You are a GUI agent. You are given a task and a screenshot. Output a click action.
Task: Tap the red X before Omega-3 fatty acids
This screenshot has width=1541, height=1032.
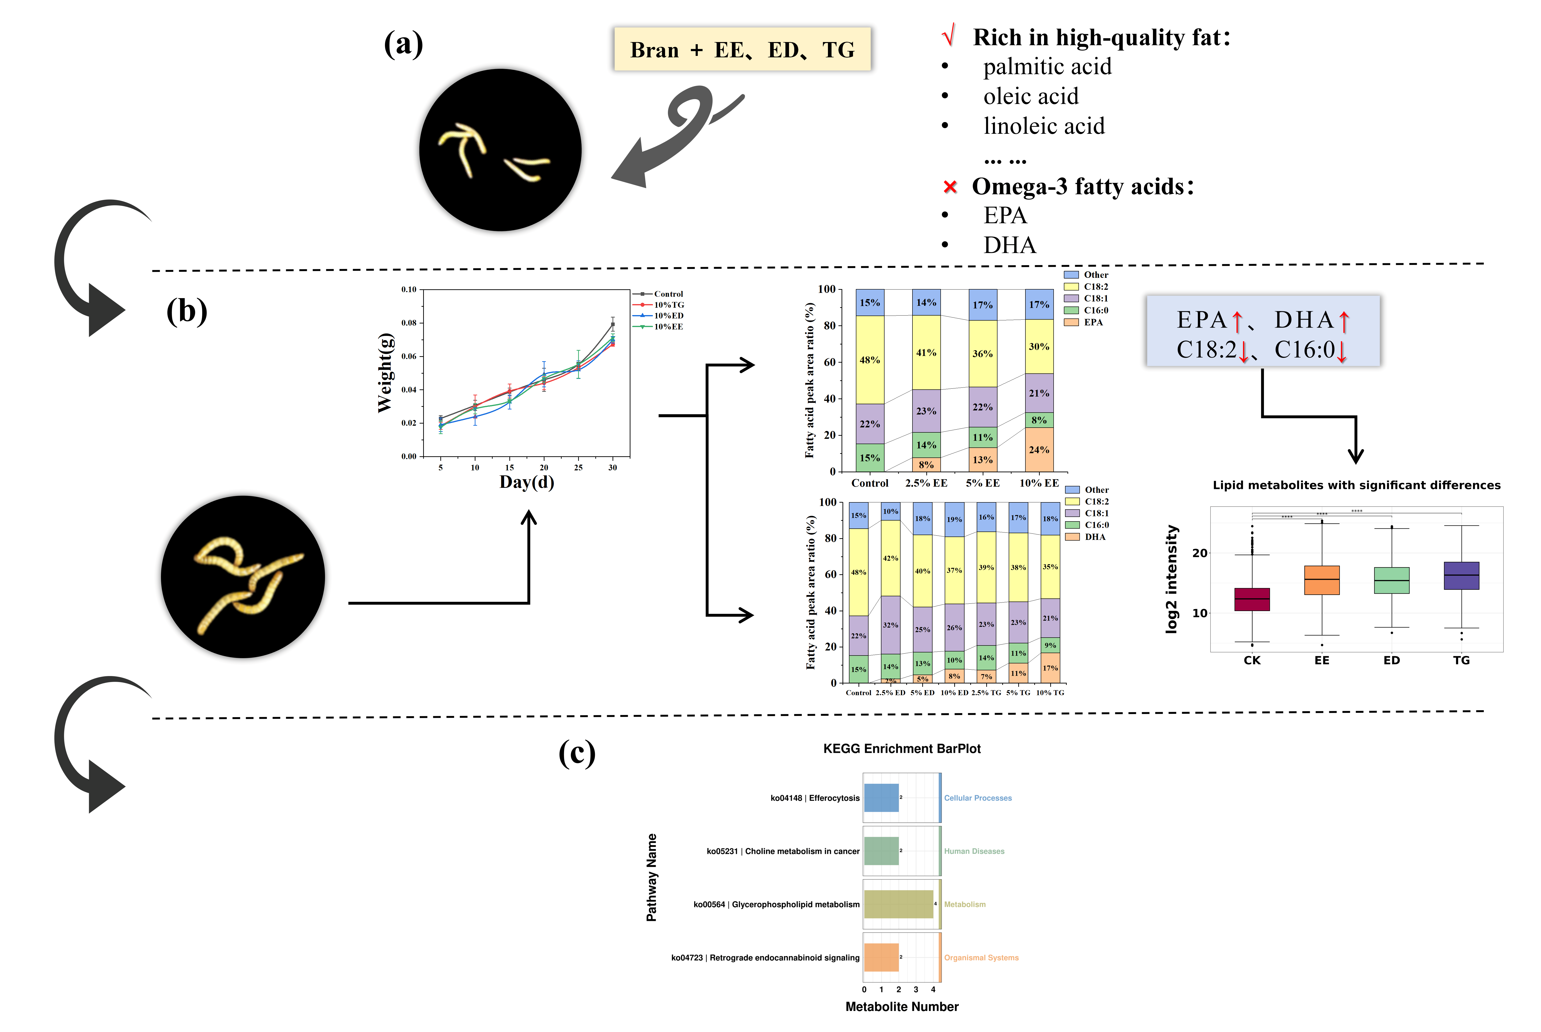[x=949, y=188]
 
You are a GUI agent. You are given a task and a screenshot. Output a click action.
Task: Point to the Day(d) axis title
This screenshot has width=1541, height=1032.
[x=526, y=482]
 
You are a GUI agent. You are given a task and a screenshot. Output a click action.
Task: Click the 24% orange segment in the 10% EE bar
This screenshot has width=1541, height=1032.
[x=1039, y=450]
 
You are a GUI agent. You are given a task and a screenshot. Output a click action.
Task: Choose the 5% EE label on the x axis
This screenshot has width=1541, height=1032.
[x=982, y=483]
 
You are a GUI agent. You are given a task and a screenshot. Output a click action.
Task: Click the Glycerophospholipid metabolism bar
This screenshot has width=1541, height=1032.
[x=898, y=904]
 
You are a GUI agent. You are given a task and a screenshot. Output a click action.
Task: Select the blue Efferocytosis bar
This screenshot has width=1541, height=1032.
[x=881, y=798]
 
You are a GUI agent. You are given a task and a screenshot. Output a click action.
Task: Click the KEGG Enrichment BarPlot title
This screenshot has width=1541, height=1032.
[x=901, y=749]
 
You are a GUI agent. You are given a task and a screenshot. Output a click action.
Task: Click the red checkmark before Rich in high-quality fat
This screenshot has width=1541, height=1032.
[x=948, y=36]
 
